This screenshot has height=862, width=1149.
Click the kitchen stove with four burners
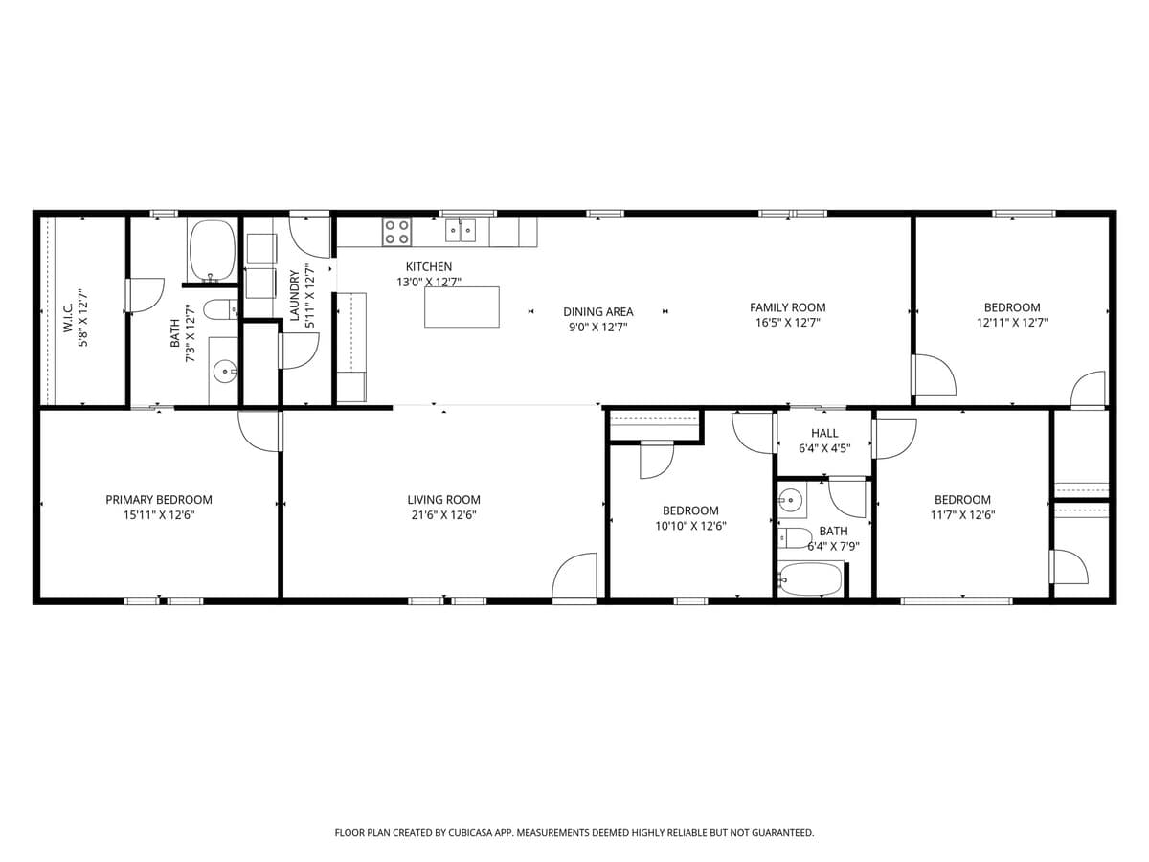pyautogui.click(x=396, y=233)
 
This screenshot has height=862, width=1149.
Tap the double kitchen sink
pyautogui.click(x=460, y=231)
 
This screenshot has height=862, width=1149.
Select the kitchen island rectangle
pyautogui.click(x=462, y=306)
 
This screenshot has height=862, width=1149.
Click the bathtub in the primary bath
pyautogui.click(x=212, y=249)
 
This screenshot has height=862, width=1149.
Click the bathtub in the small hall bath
pyautogui.click(x=810, y=579)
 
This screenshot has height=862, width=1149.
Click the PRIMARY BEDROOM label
pyautogui.click(x=159, y=500)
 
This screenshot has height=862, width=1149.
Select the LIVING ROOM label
pyautogui.click(x=443, y=500)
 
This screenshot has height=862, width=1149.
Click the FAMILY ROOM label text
pyautogui.click(x=787, y=307)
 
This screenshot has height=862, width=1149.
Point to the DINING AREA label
pyautogui.click(x=597, y=312)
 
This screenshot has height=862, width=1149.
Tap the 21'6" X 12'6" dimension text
pyautogui.click(x=442, y=515)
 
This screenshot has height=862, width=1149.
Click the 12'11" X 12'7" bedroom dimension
pyautogui.click(x=1012, y=323)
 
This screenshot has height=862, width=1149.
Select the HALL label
pyautogui.click(x=824, y=434)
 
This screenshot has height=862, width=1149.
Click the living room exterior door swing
pyautogui.click(x=574, y=578)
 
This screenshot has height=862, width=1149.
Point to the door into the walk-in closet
pyautogui.click(x=144, y=294)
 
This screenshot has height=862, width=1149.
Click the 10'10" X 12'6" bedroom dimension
pyautogui.click(x=689, y=526)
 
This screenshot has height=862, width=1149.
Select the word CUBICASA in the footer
pyautogui.click(x=466, y=833)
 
